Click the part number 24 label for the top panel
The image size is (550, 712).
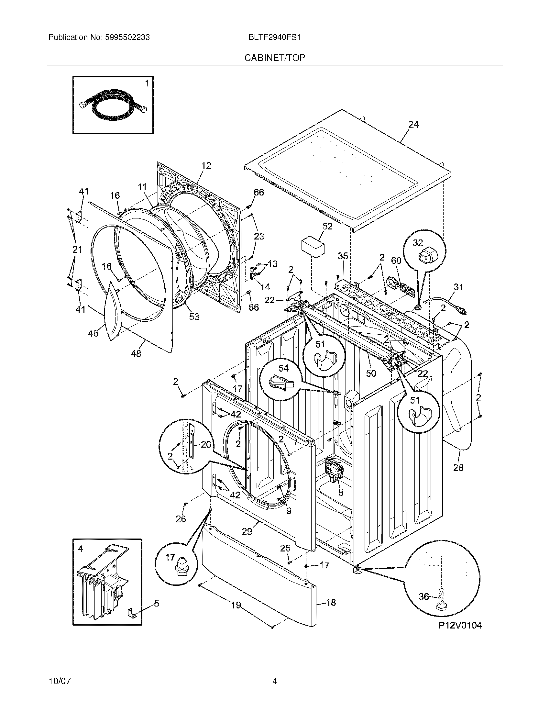[x=413, y=125]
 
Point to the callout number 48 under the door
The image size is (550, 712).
[x=136, y=353]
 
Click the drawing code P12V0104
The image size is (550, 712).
[x=459, y=625]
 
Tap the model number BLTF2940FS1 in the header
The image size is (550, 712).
[x=274, y=38]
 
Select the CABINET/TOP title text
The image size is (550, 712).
[x=275, y=58]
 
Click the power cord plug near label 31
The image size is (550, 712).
[x=464, y=312]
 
